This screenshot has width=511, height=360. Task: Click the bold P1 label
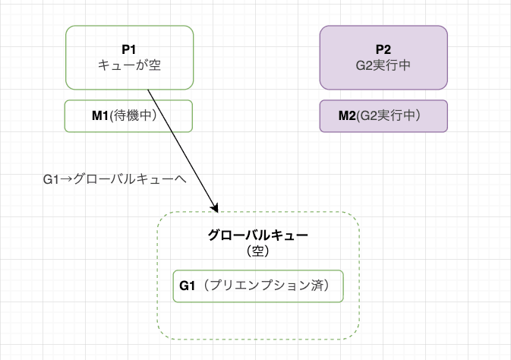click(x=129, y=49)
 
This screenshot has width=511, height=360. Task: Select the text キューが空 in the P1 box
click(x=129, y=65)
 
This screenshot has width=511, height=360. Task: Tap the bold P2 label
click(x=383, y=49)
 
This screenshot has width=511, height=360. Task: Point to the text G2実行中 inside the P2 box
click(x=383, y=65)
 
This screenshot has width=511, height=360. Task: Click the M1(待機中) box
click(x=128, y=115)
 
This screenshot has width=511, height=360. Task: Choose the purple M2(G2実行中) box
click(x=383, y=115)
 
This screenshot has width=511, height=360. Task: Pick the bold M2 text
click(x=347, y=115)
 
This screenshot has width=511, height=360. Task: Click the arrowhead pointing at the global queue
click(x=216, y=207)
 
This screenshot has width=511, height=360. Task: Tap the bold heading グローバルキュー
click(x=257, y=235)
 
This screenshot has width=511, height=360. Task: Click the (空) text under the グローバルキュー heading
click(x=257, y=250)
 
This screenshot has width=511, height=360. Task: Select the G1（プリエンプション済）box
click(x=257, y=286)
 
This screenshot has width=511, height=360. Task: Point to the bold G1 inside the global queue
click(x=188, y=286)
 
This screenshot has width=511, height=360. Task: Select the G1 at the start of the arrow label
click(x=51, y=180)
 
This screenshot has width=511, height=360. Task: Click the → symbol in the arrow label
click(x=65, y=180)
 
